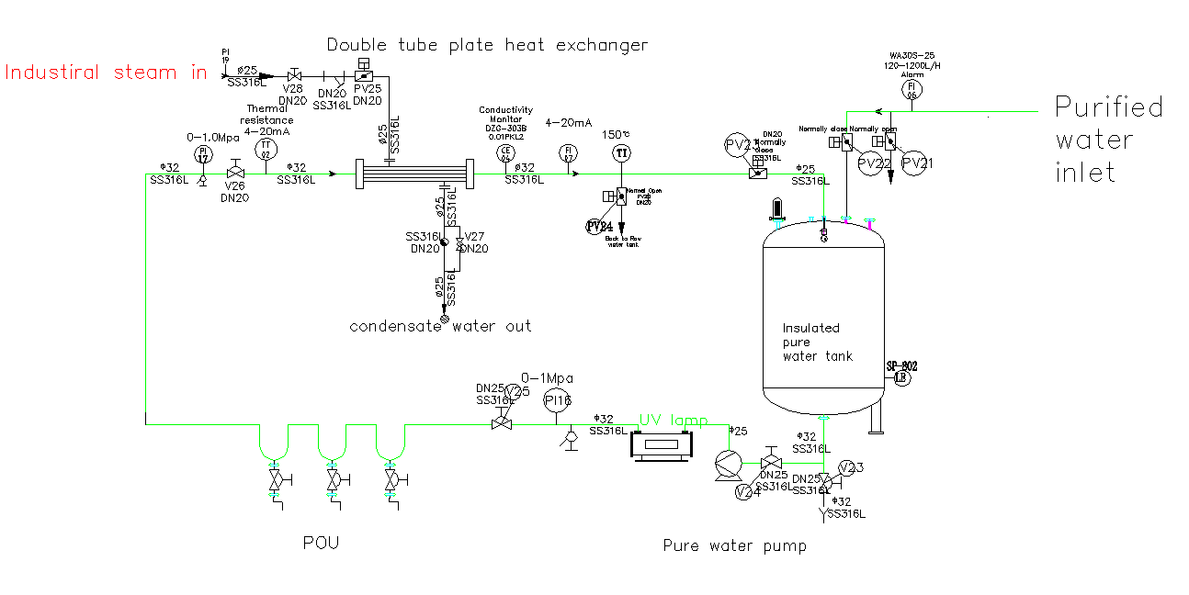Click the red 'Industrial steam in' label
pos(106,73)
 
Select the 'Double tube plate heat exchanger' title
pos(487,45)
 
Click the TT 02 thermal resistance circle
pos(266,149)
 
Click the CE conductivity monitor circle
pos(504,152)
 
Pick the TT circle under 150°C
pos(622,152)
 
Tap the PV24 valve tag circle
pos(599,226)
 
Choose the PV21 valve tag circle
pos(915,163)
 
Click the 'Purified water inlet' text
pos(1108,140)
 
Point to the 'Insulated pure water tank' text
pos(817,342)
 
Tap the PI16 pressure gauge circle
pos(558,400)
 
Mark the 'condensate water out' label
pos(440,326)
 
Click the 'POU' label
pos(321,543)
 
